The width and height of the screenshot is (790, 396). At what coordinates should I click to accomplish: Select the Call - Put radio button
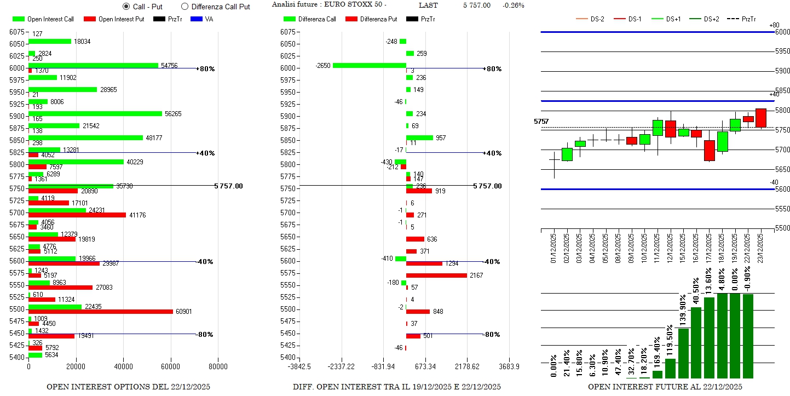coord(126,7)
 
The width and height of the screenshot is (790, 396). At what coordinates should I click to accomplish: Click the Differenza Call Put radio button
coord(184,7)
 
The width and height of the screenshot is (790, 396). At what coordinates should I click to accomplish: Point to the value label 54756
coord(169,66)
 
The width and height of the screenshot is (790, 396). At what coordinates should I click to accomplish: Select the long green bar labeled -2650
coord(369,65)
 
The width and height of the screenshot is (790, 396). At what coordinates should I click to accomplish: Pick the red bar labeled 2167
coord(436,275)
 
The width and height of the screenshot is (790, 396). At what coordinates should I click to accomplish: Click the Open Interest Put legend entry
coord(114,19)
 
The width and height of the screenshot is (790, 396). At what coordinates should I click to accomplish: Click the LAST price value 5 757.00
coord(476,5)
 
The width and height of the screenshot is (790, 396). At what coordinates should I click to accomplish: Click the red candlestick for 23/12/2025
coord(761,118)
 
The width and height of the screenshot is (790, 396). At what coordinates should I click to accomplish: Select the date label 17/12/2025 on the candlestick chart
coord(710,249)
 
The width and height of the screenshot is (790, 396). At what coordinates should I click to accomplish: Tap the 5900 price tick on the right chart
coord(782,71)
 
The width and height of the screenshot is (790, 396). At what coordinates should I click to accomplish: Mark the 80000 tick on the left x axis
coord(218,366)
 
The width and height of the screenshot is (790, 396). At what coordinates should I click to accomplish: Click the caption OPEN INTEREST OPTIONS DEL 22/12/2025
coord(128,387)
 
